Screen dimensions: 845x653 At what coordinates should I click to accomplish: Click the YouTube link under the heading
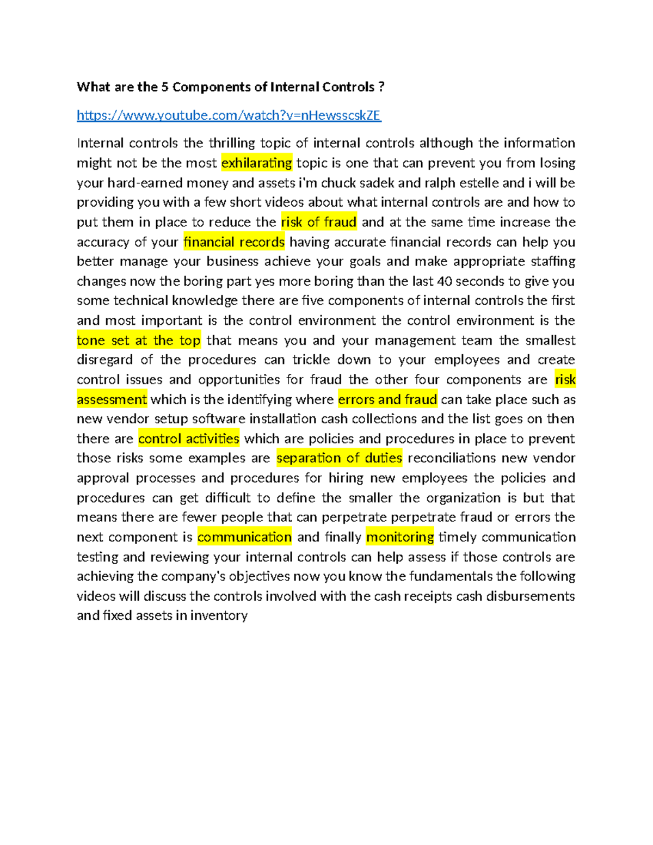(x=229, y=115)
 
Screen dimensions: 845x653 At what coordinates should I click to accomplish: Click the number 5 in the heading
(x=164, y=87)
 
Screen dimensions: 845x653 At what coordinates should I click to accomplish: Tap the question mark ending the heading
(x=381, y=87)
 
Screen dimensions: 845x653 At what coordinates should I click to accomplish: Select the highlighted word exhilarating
(x=257, y=163)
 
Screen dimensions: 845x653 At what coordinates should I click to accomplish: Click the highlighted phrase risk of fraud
(x=319, y=222)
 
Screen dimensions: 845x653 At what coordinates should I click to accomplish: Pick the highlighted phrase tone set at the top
(x=139, y=341)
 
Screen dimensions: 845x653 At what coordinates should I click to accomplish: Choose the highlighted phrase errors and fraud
(x=387, y=399)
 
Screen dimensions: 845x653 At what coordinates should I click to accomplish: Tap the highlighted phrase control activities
(x=189, y=439)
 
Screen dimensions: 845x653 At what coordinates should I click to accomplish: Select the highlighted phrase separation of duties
(x=340, y=458)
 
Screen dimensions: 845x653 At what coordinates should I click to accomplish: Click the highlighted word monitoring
(x=400, y=537)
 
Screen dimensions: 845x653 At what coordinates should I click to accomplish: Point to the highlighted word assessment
(x=112, y=399)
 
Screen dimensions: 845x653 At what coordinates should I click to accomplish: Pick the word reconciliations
(x=452, y=458)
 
